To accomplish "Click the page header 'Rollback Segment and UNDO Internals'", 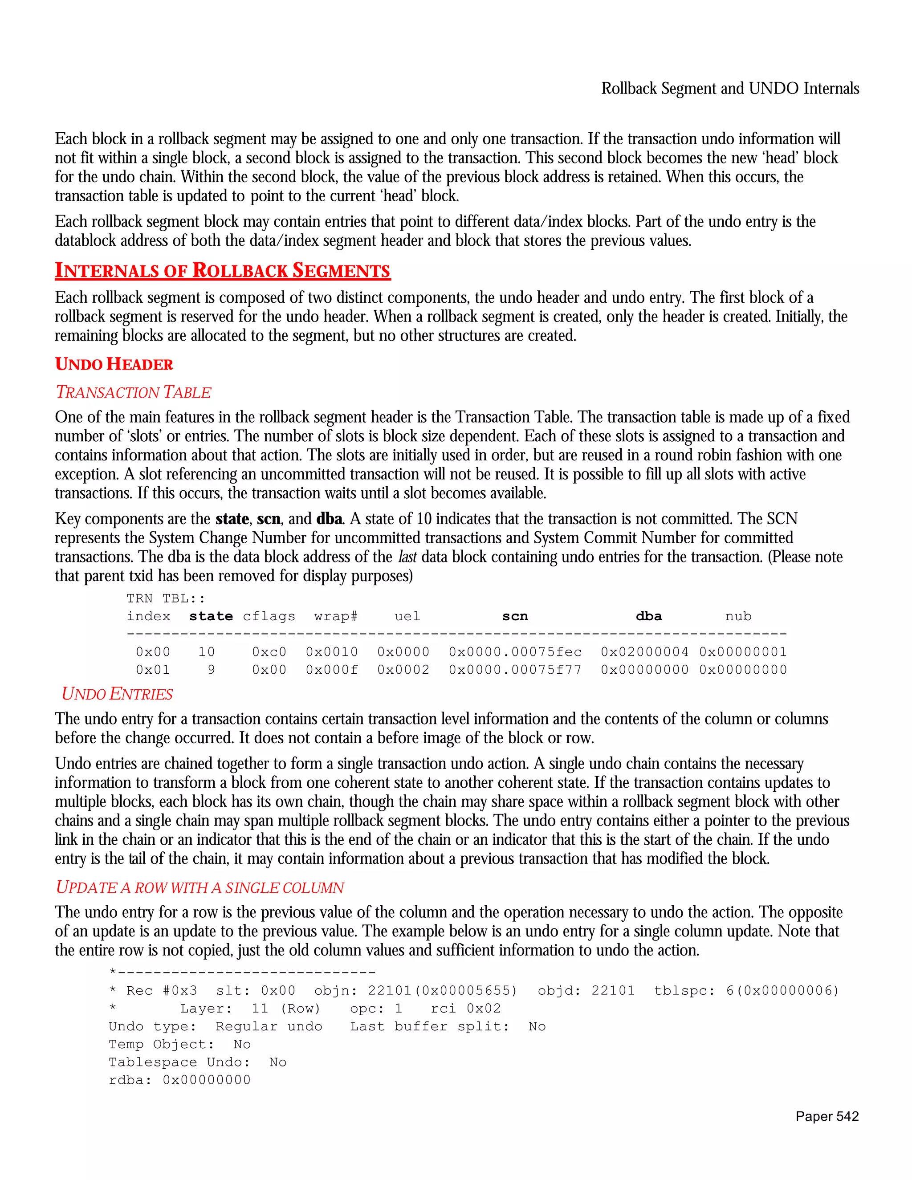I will (730, 89).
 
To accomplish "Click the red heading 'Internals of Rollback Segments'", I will (223, 271).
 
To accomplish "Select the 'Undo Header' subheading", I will (114, 364).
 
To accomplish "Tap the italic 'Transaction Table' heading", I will (134, 392).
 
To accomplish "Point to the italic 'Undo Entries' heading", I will (117, 694).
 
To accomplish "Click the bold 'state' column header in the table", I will (211, 616).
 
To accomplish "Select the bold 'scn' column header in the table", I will (515, 616).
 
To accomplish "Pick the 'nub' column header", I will (738, 616).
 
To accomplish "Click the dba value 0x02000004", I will (644, 652).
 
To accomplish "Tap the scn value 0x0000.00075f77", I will (515, 670).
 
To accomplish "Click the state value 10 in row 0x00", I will (206, 652).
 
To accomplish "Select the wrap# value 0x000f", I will (332, 670).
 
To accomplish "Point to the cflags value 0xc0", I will (269, 652).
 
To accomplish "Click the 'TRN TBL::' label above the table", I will (166, 598).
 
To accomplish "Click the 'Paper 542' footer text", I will (826, 1116).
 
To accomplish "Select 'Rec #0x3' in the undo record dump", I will (162, 991).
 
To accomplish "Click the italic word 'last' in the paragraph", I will (407, 557).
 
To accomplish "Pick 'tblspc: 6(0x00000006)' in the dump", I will (746, 991).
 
